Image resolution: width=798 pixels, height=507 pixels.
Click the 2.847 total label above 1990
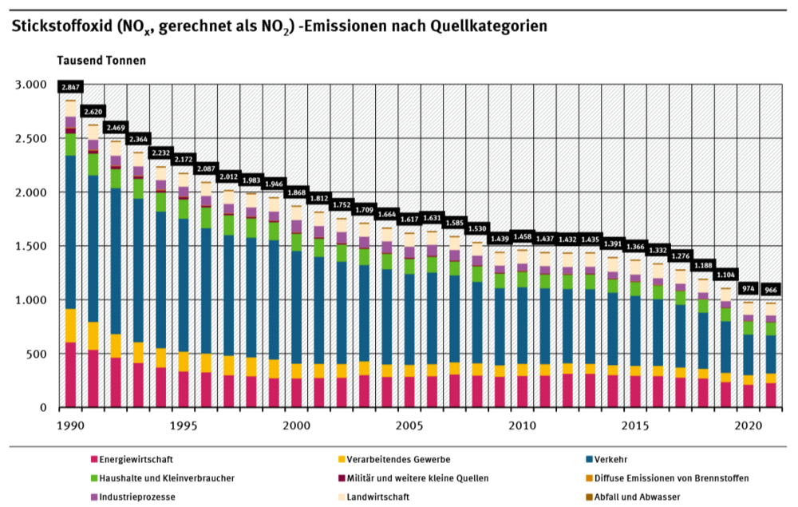coord(70,87)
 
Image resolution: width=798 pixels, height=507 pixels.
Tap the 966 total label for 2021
coord(771,290)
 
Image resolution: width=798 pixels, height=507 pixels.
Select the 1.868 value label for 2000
coord(296,192)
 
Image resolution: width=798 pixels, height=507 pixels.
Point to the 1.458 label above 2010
coord(523,237)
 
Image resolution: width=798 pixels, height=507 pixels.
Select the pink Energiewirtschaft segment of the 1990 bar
coord(71,374)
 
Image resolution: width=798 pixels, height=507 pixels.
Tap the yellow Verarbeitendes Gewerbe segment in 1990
coord(71,325)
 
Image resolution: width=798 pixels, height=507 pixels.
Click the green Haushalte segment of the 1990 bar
coord(71,145)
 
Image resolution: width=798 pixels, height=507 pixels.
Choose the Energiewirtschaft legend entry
coord(132,459)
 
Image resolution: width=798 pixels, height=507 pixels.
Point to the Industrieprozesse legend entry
coord(132,497)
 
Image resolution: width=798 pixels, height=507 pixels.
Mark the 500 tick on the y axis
coord(38,354)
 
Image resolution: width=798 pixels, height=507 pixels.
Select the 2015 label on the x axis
coord(635,423)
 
